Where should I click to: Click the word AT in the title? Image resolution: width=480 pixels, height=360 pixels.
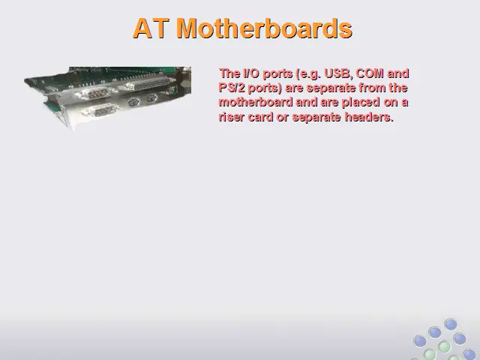coord(151,28)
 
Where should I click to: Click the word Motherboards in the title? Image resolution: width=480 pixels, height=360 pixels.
coord(265,28)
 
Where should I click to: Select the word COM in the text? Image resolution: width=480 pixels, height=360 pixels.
coord(370,73)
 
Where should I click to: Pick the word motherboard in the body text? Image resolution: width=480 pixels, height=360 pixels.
coord(256,102)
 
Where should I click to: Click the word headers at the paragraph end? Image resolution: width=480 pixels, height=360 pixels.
coord(369,117)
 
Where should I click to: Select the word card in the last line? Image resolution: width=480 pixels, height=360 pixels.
coord(260,117)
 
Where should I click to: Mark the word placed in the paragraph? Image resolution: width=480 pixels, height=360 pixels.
coord(361,103)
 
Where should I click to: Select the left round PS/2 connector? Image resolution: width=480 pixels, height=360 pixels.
coord(133,102)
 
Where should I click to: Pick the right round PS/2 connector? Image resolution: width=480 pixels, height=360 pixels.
coord(151,98)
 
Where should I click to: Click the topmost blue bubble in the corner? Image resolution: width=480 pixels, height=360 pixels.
coord(451,324)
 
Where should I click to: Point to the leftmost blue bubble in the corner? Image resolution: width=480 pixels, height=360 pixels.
coord(420,341)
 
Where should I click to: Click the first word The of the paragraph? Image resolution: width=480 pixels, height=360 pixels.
coord(229,73)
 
